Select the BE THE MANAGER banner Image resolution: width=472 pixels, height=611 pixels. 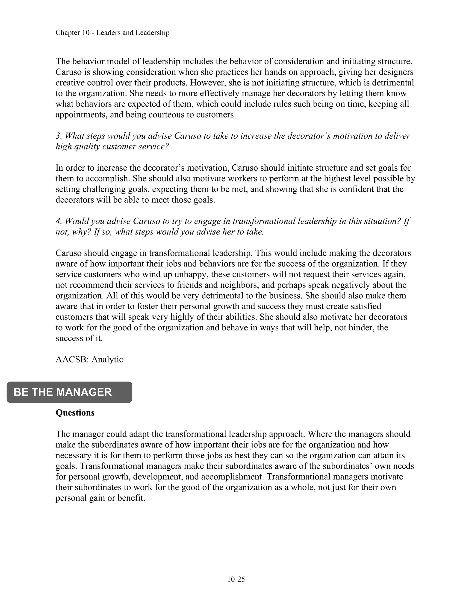[69, 392]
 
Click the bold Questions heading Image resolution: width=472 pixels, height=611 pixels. [75, 413]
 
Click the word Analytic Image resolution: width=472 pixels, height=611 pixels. [107, 359]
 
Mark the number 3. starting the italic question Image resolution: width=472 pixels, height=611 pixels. [59, 136]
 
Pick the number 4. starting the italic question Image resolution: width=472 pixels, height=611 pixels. [59, 221]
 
